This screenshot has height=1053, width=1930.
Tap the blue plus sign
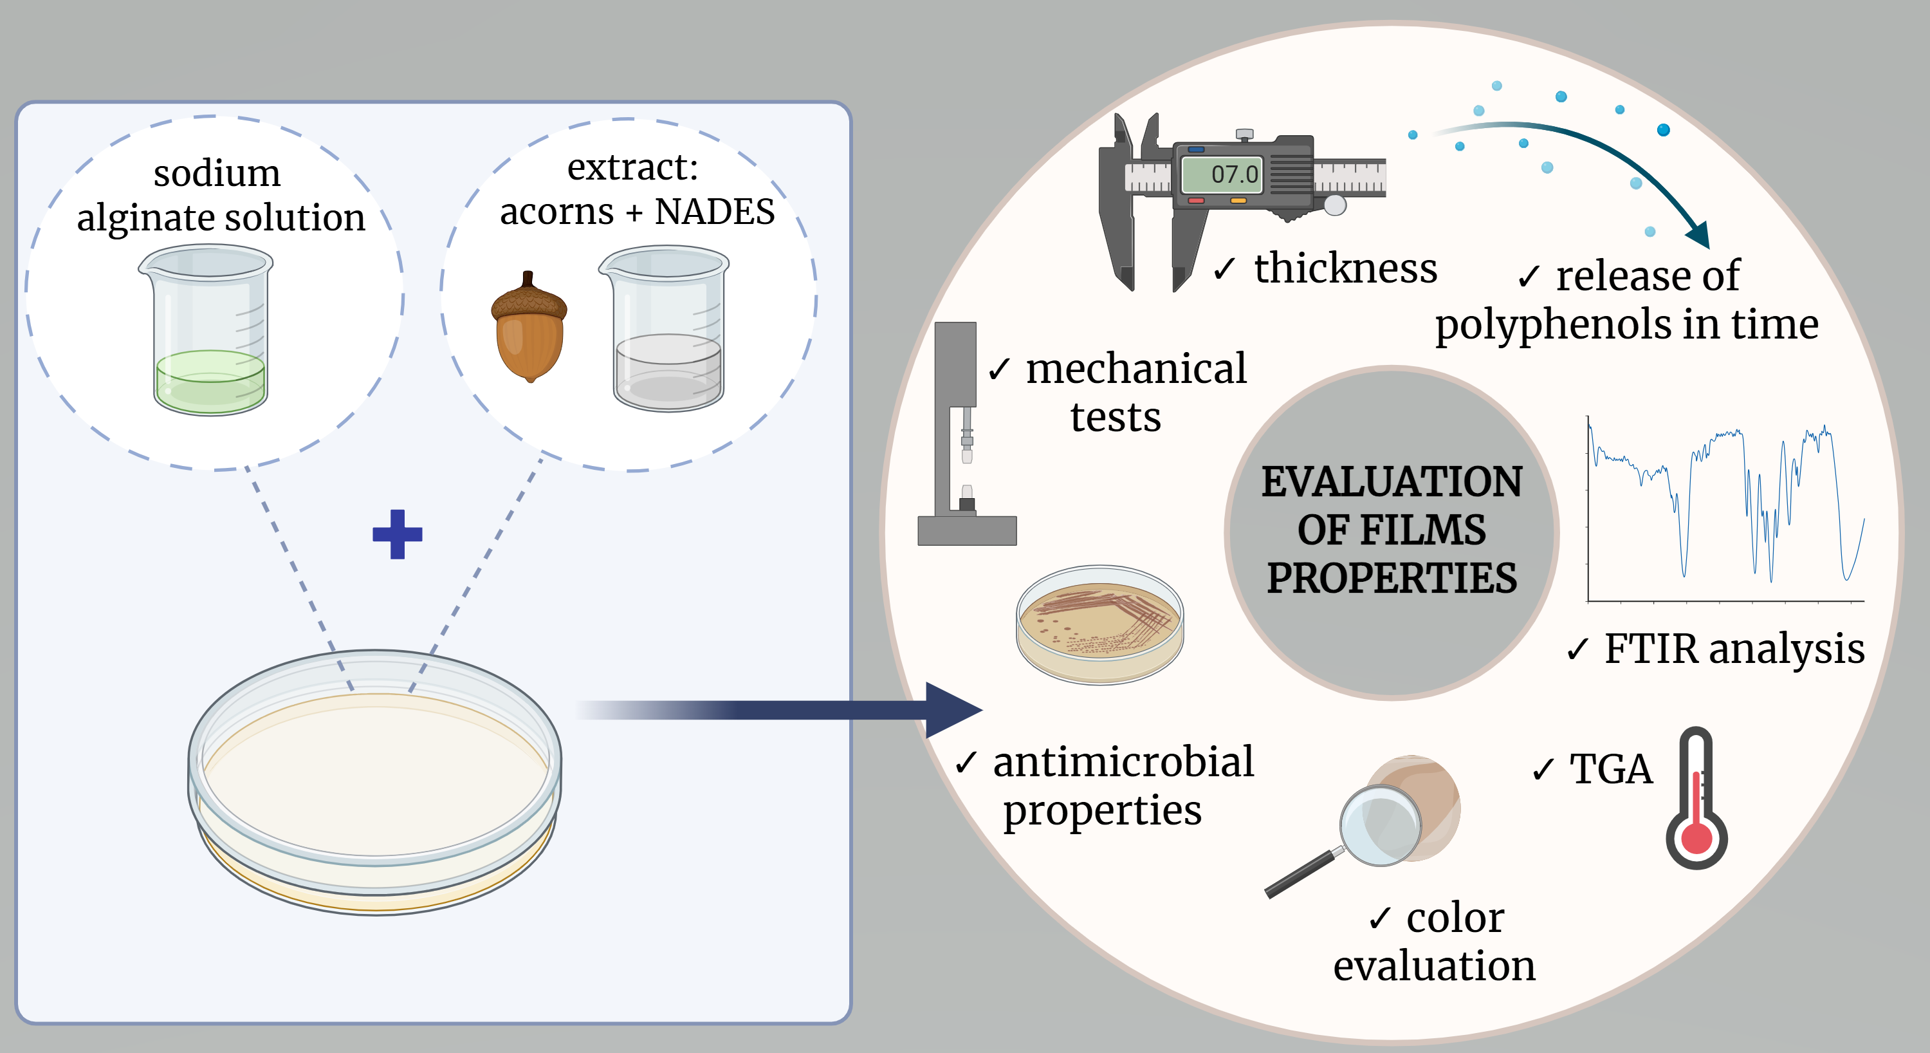click(x=397, y=534)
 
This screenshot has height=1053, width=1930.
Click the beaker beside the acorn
click(x=665, y=329)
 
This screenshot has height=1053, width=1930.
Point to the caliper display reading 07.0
click(x=1222, y=174)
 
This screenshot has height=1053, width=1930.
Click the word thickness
click(x=1346, y=268)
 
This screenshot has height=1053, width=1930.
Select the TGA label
click(x=1611, y=769)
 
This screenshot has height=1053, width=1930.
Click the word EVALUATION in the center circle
click(x=1392, y=481)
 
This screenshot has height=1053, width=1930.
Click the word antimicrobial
click(x=1123, y=762)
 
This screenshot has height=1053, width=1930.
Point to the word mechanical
click(x=1136, y=369)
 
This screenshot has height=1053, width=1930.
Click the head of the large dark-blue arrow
click(x=952, y=710)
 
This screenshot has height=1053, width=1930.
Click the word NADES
click(x=715, y=211)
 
